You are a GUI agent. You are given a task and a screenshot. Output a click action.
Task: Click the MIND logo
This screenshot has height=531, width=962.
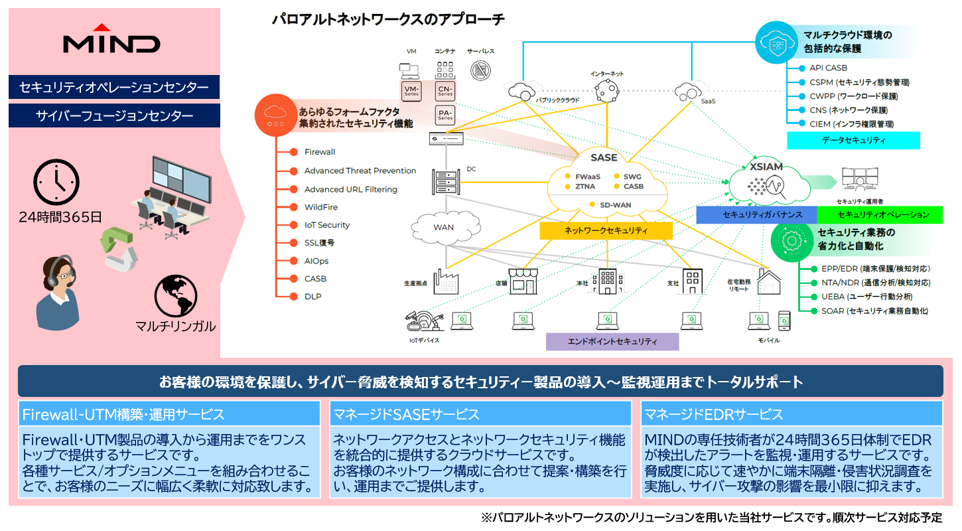point(111,40)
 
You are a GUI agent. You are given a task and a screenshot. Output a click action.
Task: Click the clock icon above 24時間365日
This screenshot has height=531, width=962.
point(56,182)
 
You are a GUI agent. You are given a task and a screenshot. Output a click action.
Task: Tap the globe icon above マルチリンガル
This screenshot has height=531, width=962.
point(176,297)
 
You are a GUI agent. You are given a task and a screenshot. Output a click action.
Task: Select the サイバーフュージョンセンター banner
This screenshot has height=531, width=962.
point(114,115)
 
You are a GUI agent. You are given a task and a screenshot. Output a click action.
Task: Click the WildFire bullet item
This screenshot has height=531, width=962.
point(321,207)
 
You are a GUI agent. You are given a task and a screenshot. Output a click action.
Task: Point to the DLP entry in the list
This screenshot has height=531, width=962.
point(312,296)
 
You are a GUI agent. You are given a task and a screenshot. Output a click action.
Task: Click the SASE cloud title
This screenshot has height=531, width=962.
point(604,158)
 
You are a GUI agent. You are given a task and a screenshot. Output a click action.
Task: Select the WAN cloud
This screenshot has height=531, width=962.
point(443,227)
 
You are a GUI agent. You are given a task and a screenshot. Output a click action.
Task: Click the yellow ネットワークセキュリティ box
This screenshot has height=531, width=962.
point(606,231)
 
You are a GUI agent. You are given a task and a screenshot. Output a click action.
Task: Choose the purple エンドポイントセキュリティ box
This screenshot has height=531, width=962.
point(612,341)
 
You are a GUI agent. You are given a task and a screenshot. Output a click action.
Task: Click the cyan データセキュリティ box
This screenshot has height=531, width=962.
point(853,140)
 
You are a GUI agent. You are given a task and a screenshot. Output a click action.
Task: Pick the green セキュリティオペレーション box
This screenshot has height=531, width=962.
point(878,214)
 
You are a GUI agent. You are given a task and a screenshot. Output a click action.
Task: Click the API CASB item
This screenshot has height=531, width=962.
point(828,68)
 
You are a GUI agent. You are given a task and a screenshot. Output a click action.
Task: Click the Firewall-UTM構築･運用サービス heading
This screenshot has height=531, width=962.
point(123,415)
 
